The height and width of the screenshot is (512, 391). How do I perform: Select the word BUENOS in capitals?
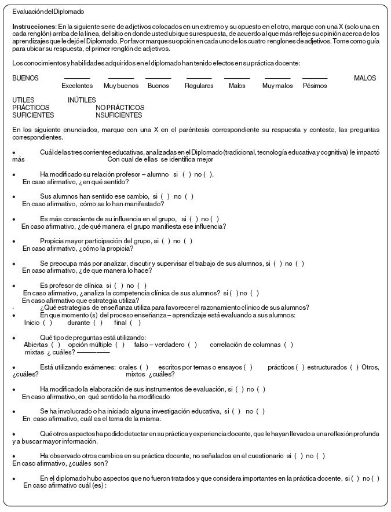[25, 78]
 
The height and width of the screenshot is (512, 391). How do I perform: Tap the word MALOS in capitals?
[365, 78]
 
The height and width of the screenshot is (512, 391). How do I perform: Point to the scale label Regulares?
[199, 86]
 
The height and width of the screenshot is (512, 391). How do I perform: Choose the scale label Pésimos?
[315, 86]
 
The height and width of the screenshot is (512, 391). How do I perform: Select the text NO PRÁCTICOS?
[120, 108]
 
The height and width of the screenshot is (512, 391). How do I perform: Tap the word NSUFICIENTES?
[119, 115]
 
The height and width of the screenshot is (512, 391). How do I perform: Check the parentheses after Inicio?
[47, 323]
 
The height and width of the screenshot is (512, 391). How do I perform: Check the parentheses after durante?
[98, 323]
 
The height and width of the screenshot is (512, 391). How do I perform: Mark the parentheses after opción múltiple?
[120, 345]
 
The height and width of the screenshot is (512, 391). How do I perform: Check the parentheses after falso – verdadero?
[192, 345]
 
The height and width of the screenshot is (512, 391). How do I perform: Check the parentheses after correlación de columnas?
[288, 345]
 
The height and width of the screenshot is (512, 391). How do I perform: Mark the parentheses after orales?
[144, 367]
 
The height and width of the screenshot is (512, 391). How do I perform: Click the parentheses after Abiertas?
[56, 345]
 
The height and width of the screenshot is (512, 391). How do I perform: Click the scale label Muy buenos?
[121, 86]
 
